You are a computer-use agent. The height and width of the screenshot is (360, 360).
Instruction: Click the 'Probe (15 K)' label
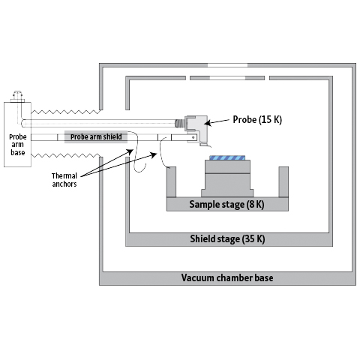257,119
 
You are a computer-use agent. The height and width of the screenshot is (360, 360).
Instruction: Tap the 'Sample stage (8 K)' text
226,204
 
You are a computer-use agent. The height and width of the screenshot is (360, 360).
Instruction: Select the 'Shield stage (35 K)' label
227,238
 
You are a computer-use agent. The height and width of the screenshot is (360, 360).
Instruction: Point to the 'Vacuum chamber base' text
227,277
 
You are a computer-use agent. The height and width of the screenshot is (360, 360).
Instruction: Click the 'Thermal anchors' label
64,180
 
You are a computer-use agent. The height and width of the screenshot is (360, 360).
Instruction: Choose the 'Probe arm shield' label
96,136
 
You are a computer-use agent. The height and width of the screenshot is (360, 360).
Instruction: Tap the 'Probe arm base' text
18,145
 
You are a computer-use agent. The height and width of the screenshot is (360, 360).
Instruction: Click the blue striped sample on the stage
227,157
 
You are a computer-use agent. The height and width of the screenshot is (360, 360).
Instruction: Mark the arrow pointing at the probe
217,121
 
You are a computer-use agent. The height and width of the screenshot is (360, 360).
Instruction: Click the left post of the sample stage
171,181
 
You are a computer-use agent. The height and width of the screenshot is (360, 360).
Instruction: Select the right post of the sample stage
283,181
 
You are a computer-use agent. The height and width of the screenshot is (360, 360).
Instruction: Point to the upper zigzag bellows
65,112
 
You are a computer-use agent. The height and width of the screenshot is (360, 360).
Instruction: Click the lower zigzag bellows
65,156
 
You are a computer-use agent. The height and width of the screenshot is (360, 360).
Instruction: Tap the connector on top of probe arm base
17,97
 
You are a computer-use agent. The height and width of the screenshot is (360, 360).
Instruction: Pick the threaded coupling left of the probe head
179,123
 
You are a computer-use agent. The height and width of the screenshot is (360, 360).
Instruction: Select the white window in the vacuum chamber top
227,65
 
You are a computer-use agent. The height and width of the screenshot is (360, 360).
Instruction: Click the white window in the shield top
227,78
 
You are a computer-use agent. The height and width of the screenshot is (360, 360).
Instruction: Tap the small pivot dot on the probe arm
193,137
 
